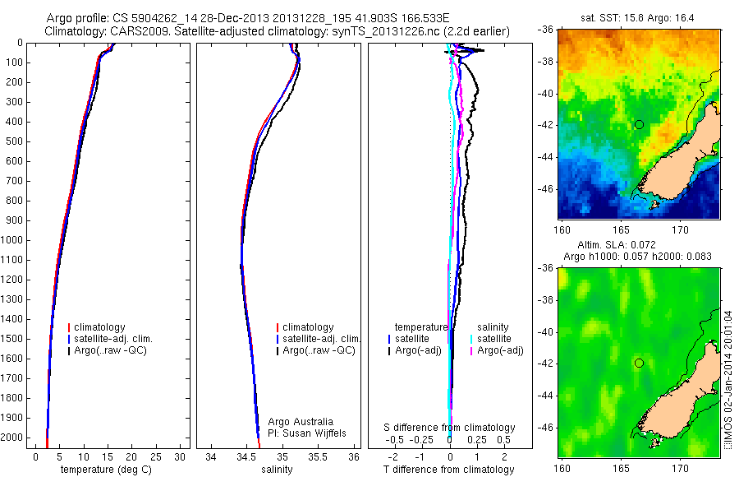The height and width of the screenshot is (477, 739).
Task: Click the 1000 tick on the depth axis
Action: point(14,240)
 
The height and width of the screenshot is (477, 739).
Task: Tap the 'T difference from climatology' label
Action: point(448,470)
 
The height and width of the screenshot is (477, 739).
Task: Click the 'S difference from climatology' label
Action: point(450,428)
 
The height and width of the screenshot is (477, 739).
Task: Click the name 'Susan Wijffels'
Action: point(310,433)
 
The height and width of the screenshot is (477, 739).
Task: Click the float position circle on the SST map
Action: point(639,124)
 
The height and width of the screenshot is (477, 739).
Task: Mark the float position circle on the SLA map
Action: point(639,363)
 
